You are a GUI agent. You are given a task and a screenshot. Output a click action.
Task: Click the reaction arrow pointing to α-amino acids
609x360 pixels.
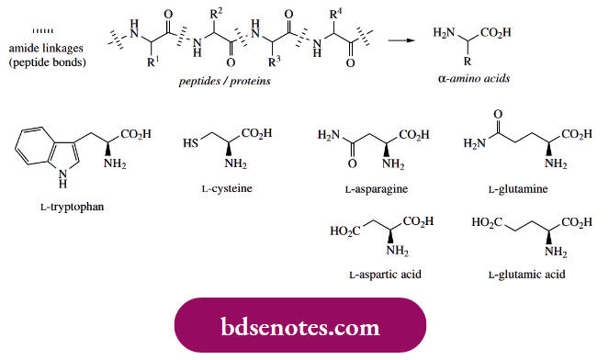[398, 40]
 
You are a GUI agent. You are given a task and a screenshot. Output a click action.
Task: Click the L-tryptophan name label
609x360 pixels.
[73, 206]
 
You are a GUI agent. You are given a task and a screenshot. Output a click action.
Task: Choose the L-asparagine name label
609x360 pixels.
[378, 188]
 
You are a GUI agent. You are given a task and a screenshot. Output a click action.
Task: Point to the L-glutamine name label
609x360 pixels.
[521, 188]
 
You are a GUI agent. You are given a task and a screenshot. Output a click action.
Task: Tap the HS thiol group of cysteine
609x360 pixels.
[191, 144]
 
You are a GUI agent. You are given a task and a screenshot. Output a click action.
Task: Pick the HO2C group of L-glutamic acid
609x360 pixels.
[486, 222]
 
